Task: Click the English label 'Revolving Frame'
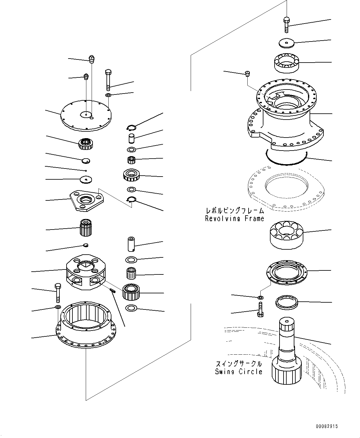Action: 235,219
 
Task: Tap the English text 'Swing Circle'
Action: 239,372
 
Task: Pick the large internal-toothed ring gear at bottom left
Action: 86,325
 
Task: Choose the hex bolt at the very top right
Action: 286,24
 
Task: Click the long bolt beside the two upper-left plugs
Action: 108,80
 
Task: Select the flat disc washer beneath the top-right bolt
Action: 286,43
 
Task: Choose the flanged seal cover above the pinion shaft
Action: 287,273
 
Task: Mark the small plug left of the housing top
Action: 248,73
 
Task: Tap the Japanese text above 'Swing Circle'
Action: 239,363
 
